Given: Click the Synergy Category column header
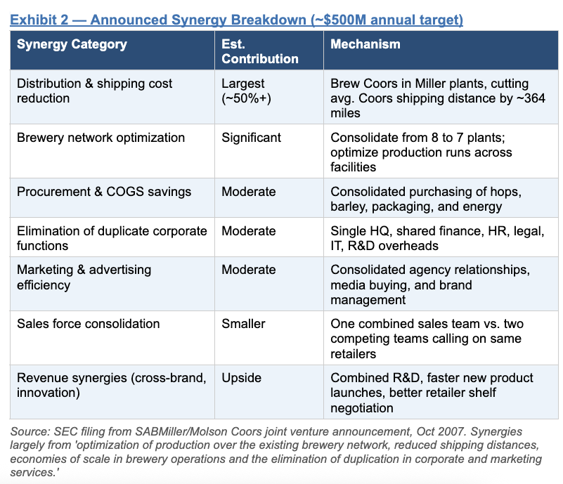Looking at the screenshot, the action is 72,44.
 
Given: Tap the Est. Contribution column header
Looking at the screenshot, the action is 260,51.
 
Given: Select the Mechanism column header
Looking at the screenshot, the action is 365,44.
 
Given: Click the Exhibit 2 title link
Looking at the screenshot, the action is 236,20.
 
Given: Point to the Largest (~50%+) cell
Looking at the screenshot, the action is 246,91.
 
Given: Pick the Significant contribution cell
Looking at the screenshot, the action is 251,138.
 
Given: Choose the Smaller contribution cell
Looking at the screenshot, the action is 243,324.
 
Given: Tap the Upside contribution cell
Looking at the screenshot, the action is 241,378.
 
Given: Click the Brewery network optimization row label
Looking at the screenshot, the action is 101,138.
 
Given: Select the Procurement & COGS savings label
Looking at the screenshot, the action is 104,192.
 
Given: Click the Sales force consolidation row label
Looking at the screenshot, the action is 89,324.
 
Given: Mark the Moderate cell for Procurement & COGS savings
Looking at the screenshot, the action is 249,192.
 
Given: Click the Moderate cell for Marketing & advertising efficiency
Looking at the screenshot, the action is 249,270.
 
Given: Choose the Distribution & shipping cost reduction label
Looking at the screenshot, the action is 94,91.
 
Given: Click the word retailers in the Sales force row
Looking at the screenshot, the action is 353,354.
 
